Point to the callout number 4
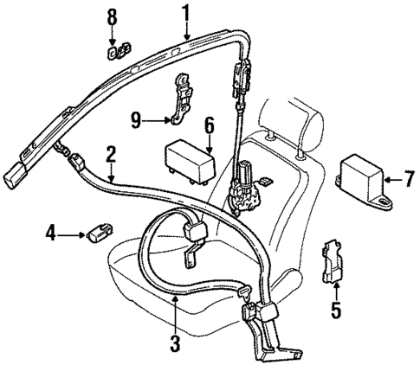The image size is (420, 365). click(51, 233)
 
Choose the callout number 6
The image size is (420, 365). click(207, 125)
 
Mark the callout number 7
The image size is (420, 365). click(410, 180)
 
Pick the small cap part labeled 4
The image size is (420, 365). click(97, 233)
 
